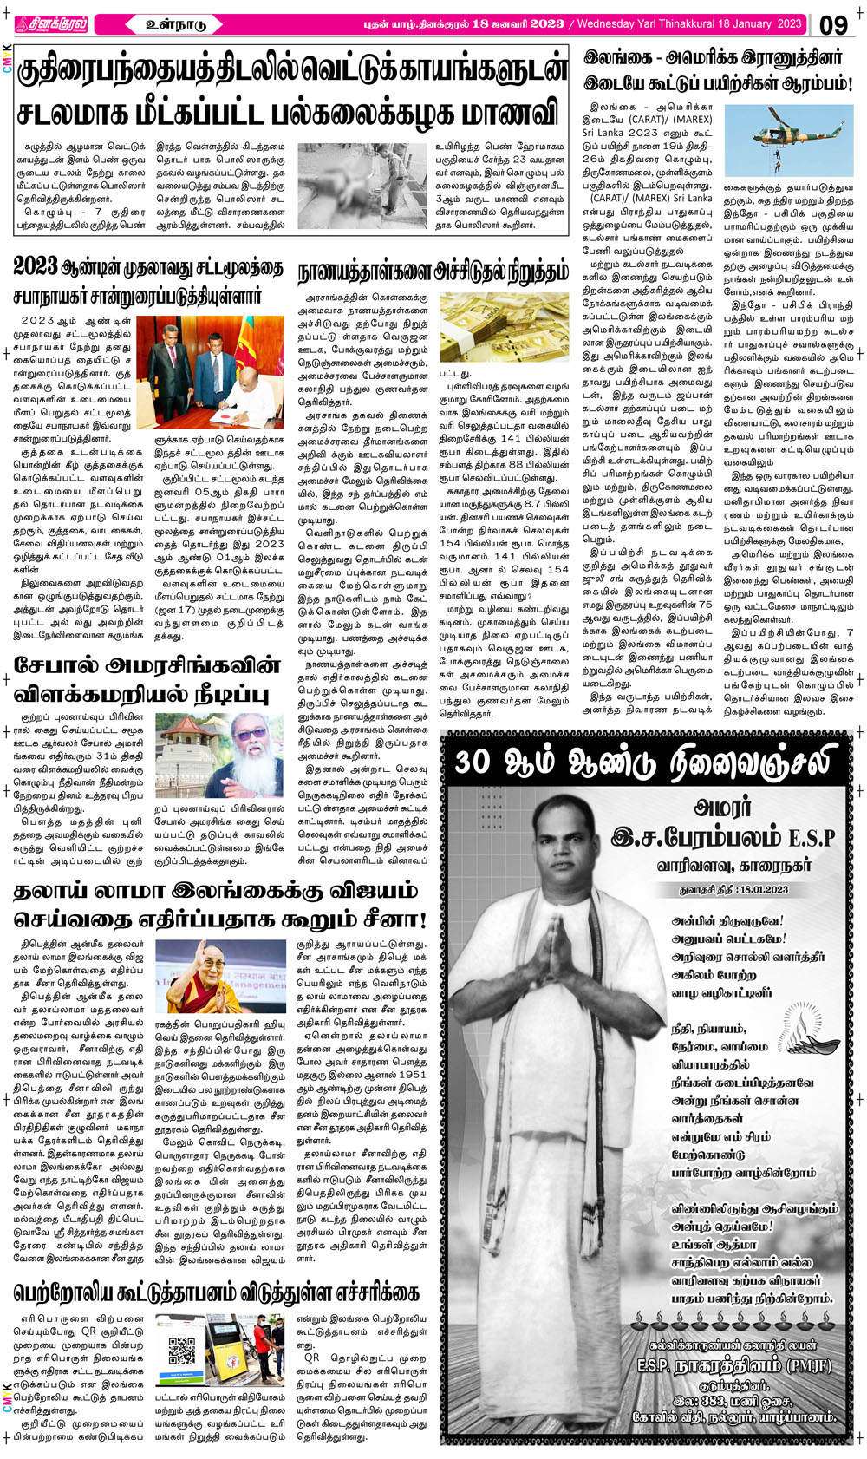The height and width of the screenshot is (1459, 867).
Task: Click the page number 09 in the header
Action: [833, 24]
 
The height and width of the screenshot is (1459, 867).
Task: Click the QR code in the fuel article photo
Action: [181, 1351]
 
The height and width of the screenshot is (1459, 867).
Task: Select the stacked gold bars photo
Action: [505, 325]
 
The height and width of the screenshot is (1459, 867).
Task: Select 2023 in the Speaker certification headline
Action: [36, 266]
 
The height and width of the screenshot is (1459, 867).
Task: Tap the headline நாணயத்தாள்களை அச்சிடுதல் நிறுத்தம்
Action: [433, 272]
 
